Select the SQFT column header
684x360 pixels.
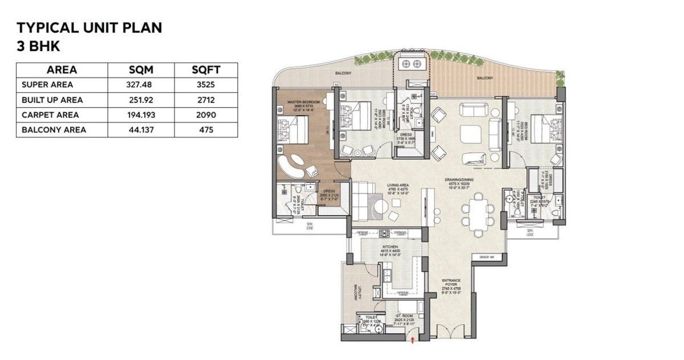206,70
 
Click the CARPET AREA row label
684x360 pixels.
50,114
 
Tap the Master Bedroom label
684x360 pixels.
302,104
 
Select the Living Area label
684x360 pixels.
396,185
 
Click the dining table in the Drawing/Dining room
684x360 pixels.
477,211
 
